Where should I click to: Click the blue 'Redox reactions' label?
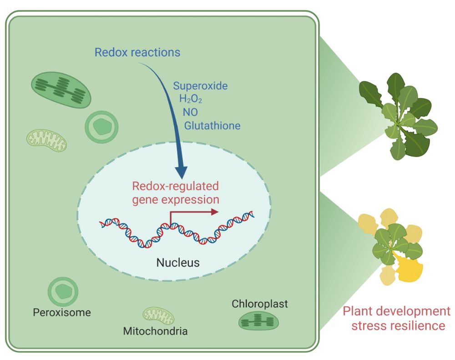coord(137,52)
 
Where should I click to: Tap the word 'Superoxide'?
coord(200,86)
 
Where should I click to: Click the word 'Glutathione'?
coord(212,125)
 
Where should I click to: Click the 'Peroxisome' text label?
coord(62,313)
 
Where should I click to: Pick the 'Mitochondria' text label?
coord(155,331)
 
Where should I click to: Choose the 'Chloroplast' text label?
coord(260,304)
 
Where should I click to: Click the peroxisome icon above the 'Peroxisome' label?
coord(63,291)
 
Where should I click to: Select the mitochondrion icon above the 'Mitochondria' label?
coord(158,315)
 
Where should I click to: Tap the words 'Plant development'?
coord(396,311)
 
